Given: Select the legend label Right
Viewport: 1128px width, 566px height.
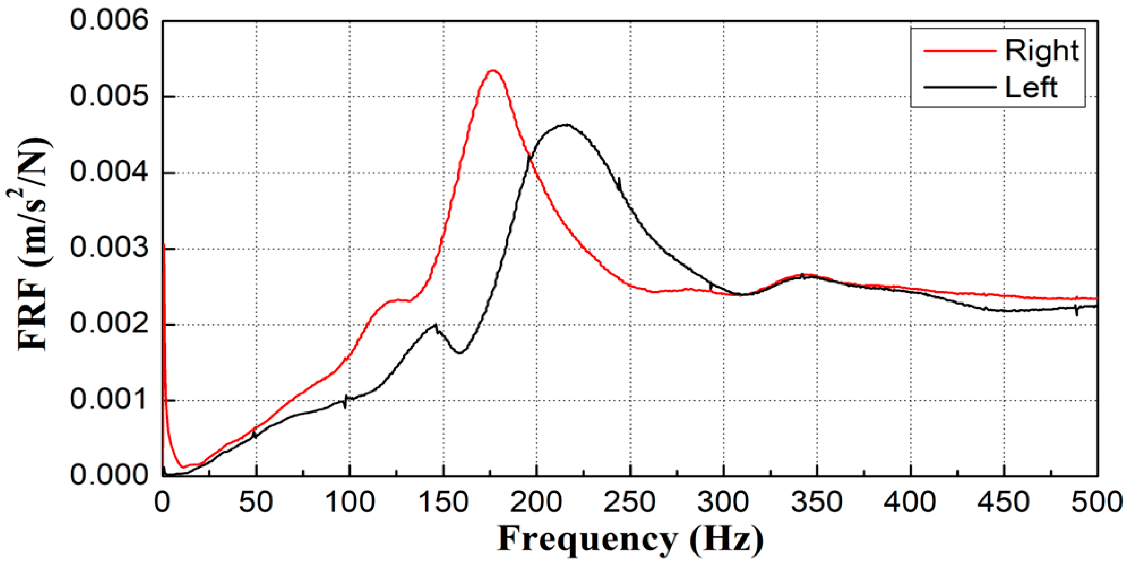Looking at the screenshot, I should (x=1041, y=51).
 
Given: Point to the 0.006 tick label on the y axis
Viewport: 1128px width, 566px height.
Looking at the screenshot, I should (x=109, y=20).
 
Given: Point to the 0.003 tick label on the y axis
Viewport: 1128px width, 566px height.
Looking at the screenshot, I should (x=109, y=248).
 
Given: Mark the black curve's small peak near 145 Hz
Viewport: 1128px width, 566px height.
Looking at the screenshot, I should (x=435, y=325).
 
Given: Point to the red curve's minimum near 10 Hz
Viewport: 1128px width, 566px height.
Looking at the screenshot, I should (x=183, y=467).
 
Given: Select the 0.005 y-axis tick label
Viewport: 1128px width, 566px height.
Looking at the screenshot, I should (x=109, y=96).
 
